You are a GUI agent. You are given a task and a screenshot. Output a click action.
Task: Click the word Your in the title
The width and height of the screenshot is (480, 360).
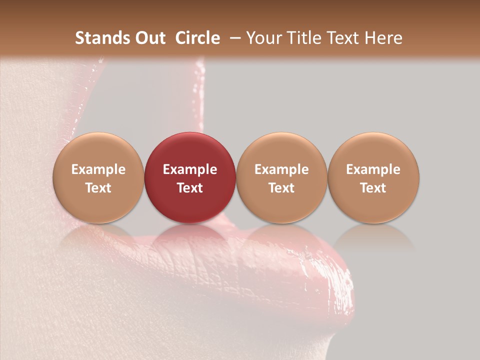(x=263, y=38)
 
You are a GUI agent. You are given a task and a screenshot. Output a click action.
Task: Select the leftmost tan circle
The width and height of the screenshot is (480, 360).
(x=98, y=178)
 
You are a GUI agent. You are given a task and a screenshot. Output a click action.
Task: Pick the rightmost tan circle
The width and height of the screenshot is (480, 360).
(x=373, y=178)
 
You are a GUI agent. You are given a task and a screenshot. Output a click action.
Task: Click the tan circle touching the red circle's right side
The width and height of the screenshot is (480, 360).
(x=281, y=178)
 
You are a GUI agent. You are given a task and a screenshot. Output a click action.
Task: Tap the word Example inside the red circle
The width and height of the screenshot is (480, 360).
(x=190, y=169)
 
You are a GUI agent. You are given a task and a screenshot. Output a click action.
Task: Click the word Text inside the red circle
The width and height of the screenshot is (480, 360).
(x=190, y=188)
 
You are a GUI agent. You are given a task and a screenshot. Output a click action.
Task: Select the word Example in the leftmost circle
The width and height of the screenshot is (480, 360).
(x=98, y=169)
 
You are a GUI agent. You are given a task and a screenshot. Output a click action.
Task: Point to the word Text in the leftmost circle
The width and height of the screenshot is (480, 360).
(x=98, y=188)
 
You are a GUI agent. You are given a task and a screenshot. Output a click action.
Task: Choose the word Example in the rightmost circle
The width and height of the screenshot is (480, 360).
(x=373, y=169)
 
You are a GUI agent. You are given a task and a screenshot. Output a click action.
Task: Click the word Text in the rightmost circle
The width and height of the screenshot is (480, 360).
(x=373, y=188)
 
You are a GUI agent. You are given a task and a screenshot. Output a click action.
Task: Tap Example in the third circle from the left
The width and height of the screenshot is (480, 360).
(x=281, y=169)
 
